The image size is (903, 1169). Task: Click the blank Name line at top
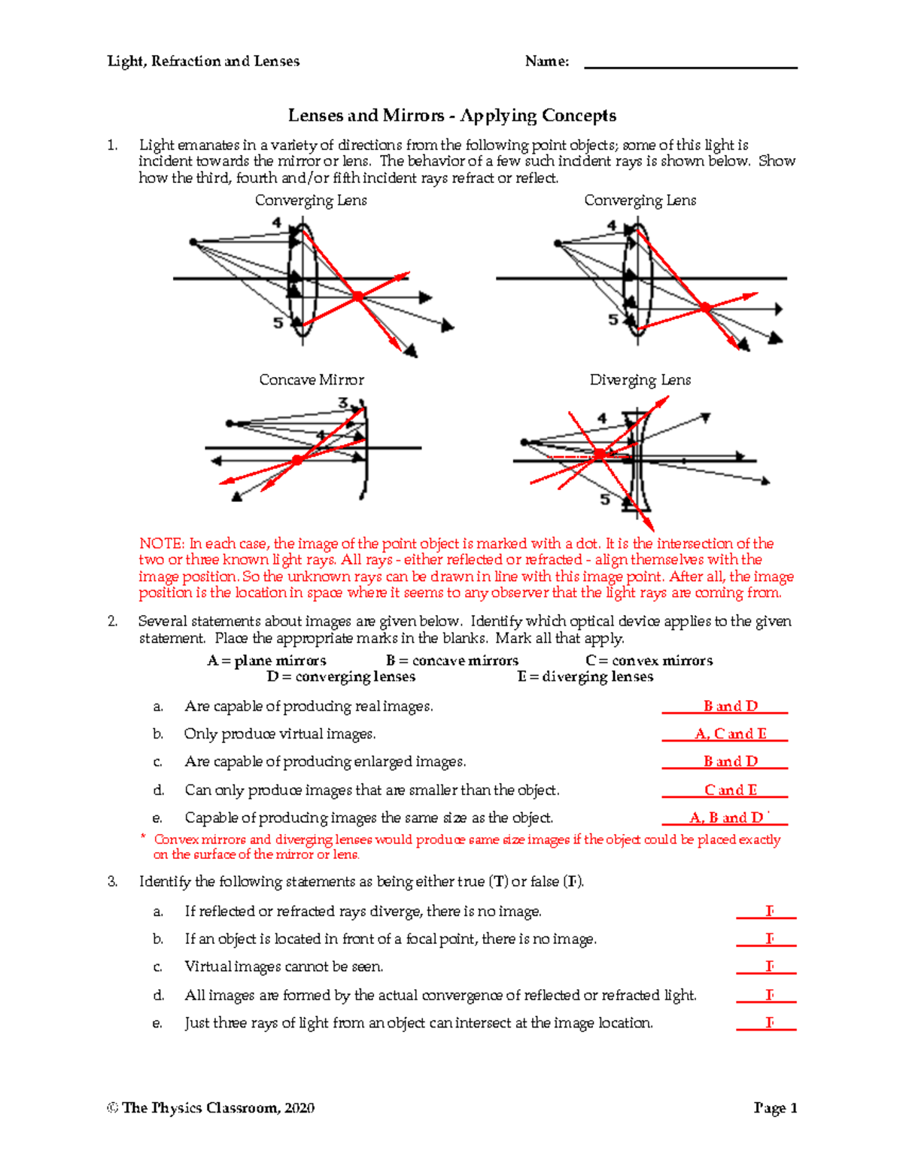point(690,67)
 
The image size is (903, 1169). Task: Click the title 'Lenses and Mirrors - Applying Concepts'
point(451,115)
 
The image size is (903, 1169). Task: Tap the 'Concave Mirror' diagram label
point(312,380)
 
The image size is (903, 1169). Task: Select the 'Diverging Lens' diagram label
point(640,380)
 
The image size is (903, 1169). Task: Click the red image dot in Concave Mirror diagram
point(297,459)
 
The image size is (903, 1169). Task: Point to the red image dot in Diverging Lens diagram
point(599,454)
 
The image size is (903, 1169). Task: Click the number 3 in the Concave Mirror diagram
point(343,403)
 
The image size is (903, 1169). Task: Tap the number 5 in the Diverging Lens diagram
point(604,500)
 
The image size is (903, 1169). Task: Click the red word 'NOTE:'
point(161,543)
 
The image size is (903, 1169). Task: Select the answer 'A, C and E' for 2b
point(730,734)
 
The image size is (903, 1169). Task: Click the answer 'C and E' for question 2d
point(730,790)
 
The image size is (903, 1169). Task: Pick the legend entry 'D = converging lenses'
point(341,677)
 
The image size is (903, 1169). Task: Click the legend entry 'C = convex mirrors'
point(649,660)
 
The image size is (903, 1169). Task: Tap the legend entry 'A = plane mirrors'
point(266,660)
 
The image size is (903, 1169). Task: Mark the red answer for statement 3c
point(769,966)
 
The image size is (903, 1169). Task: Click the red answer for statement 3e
point(769,1022)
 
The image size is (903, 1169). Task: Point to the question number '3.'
point(112,881)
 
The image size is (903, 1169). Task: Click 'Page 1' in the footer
point(775,1108)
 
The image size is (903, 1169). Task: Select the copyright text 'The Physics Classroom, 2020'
point(218,1108)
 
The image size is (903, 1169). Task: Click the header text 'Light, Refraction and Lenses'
point(203,61)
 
